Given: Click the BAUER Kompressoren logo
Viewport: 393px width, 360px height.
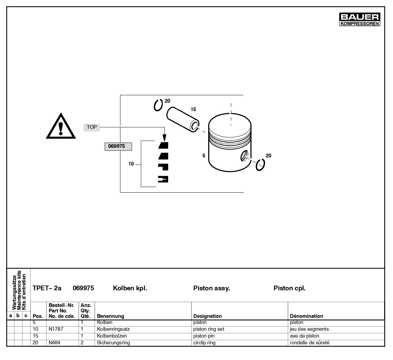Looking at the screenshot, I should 360,19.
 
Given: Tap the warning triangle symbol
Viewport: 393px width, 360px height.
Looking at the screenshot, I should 61,127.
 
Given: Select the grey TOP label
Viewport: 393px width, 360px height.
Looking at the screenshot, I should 92,127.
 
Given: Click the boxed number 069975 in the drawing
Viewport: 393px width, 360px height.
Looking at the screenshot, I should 118,147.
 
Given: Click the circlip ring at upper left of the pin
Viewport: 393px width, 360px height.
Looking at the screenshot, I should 158,105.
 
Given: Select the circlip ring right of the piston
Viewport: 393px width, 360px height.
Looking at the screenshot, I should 261,165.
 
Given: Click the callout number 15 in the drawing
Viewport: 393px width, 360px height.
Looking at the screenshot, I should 193,109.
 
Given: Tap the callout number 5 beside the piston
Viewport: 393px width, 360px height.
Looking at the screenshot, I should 204,156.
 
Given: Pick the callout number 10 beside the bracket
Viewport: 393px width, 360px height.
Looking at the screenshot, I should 131,164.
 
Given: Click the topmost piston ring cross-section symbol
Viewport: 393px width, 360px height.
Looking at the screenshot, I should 163,145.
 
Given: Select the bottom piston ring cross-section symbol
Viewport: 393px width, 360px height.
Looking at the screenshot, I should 163,179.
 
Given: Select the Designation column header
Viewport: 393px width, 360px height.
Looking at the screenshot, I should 208,316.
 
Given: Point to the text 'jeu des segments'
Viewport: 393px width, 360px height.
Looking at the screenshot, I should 309,329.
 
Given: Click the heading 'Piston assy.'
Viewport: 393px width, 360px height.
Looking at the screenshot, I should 212,288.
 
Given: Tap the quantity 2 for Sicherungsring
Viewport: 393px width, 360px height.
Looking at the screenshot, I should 82,343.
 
